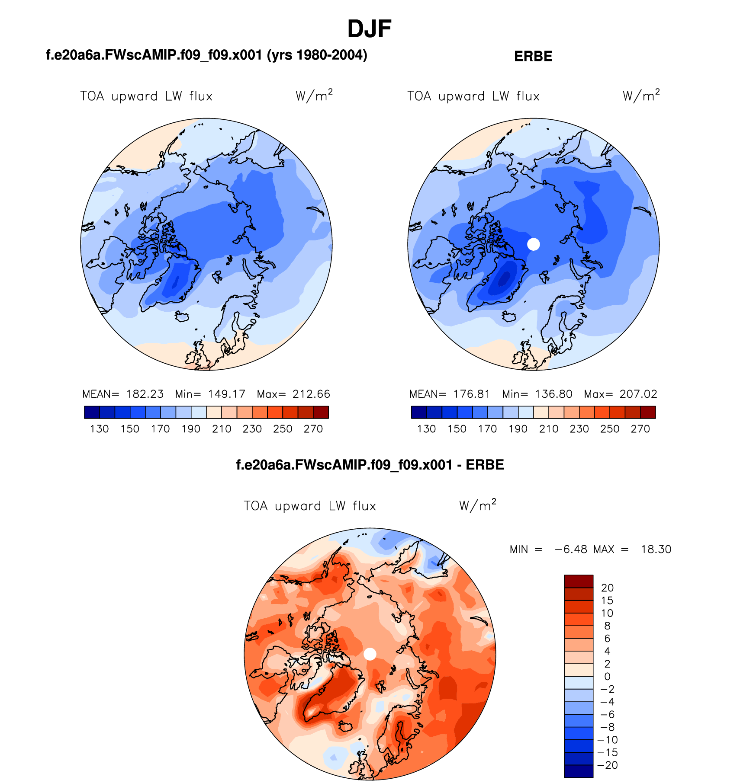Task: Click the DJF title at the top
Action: pos(369,29)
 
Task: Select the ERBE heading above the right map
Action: pos(533,57)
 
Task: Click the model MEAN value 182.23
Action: pos(145,394)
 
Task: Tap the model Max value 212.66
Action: pos(311,394)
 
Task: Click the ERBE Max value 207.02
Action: pos(638,394)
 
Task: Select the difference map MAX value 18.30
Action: pos(656,550)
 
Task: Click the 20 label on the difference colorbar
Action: pos(607,588)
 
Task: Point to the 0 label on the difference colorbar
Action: pos(607,677)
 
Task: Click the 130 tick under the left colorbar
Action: pos(99,429)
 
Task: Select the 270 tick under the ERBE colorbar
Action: pos(640,429)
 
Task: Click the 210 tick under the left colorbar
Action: pos(221,429)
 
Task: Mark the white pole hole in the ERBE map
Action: pos(534,244)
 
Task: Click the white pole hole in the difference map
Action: pos(370,654)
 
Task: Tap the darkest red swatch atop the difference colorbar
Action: pos(578,581)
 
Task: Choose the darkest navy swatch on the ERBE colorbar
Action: pos(418,412)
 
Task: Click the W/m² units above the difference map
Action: pos(477,505)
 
